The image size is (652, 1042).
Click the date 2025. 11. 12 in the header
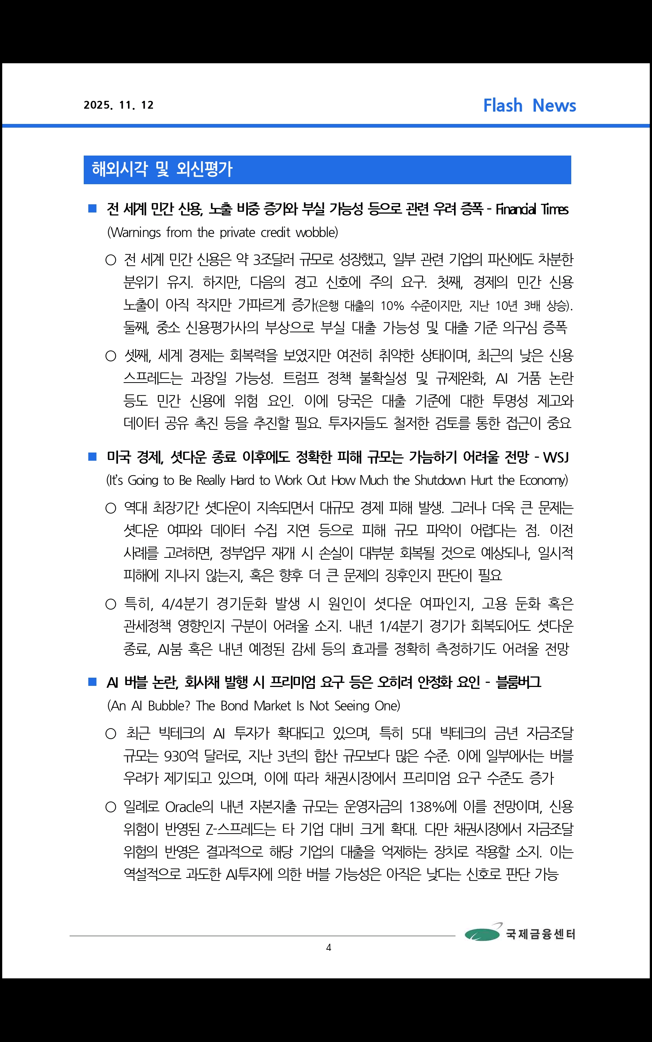tap(119, 105)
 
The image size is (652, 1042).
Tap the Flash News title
tap(529, 106)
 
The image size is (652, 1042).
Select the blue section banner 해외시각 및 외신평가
tap(327, 169)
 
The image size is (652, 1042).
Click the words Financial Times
tap(532, 210)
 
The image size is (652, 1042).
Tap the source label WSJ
tap(556, 457)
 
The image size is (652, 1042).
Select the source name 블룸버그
tap(519, 682)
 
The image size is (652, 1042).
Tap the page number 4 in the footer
tap(329, 947)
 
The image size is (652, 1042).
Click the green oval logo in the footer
tap(482, 934)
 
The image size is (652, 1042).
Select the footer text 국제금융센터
tap(540, 934)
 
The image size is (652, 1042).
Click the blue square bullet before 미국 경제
tap(92, 457)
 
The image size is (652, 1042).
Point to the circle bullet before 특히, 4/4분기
tap(111, 604)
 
